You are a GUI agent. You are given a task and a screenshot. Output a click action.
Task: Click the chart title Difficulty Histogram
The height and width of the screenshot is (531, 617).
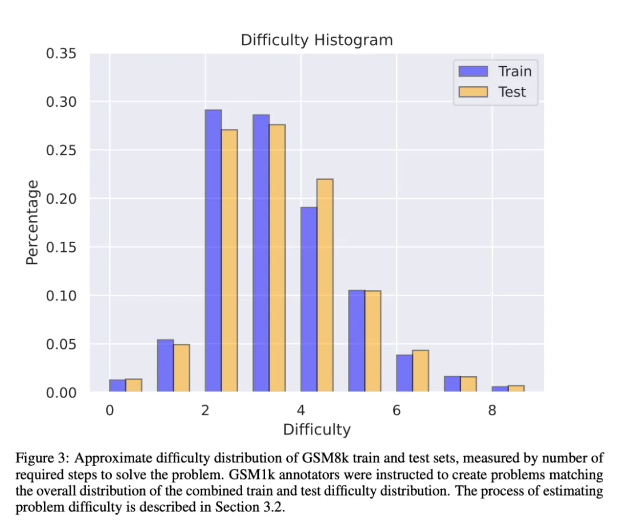pyautogui.click(x=316, y=40)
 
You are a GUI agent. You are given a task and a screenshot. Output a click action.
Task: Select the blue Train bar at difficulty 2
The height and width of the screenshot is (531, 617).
pyautogui.click(x=213, y=251)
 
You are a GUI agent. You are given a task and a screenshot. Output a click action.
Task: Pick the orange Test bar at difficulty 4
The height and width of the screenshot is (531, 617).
pyautogui.click(x=324, y=285)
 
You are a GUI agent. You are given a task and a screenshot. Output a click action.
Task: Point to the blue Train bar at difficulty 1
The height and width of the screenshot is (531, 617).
pyautogui.click(x=166, y=365)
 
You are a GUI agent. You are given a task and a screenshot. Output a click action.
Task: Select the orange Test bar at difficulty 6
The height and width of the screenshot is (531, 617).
pyautogui.click(x=420, y=371)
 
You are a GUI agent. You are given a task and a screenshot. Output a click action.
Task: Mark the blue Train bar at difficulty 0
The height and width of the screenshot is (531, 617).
pyautogui.click(x=118, y=385)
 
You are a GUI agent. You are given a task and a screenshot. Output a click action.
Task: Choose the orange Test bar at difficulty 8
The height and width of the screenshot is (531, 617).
pyautogui.click(x=516, y=389)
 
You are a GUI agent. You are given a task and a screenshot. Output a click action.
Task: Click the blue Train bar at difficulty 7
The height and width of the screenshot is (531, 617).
pyautogui.click(x=452, y=384)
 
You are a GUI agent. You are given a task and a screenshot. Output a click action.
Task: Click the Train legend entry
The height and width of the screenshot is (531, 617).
pyautogui.click(x=514, y=71)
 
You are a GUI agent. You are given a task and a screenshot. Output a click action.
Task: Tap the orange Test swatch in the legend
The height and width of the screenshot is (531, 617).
pyautogui.click(x=473, y=92)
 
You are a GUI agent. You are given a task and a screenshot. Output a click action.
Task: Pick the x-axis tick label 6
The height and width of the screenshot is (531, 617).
pyautogui.click(x=396, y=410)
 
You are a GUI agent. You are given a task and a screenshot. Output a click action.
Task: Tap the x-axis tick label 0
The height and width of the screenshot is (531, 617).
pyautogui.click(x=110, y=410)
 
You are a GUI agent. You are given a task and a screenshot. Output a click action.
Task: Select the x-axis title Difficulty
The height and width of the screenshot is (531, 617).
pyautogui.click(x=316, y=429)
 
